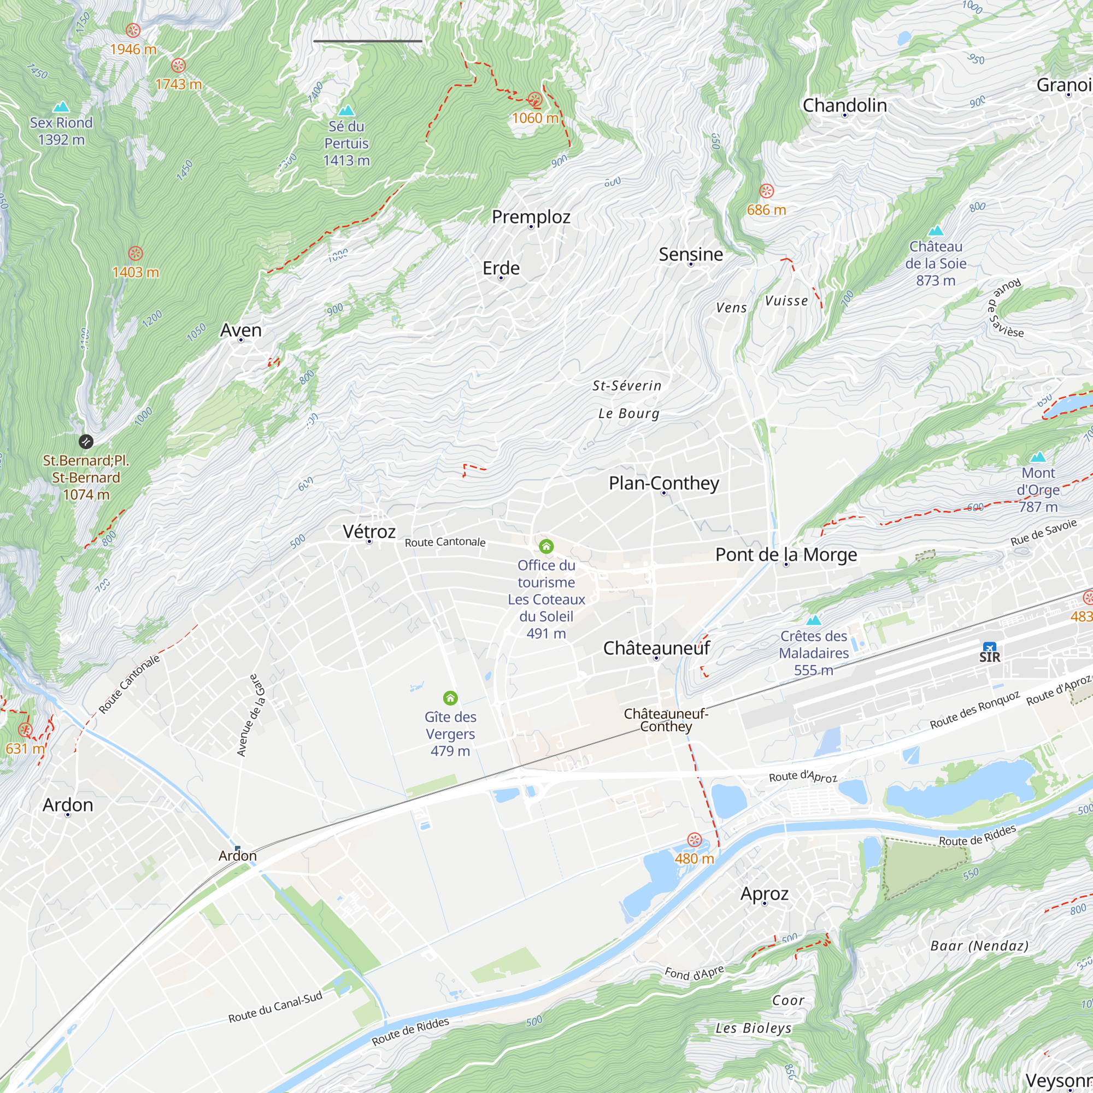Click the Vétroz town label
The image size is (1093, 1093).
(x=369, y=531)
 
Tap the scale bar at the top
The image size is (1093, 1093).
(x=368, y=42)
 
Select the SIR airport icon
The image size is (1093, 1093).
(x=989, y=648)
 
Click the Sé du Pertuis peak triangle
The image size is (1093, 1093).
(x=346, y=110)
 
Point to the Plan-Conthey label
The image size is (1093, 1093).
(x=663, y=483)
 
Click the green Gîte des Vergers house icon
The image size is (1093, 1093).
(x=450, y=697)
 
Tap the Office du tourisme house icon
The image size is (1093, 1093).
(x=546, y=546)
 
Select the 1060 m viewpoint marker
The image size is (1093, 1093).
(x=534, y=100)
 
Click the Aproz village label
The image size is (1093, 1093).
(x=765, y=894)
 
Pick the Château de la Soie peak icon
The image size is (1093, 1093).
(x=936, y=231)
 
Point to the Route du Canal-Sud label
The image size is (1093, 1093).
(x=275, y=1007)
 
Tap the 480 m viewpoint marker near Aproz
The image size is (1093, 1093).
(x=694, y=839)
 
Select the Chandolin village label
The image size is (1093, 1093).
(x=844, y=105)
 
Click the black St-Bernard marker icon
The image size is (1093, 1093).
(x=85, y=441)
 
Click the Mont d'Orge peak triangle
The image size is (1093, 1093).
(x=1038, y=457)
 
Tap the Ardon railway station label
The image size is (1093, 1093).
(x=238, y=855)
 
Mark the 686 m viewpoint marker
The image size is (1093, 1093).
(x=766, y=191)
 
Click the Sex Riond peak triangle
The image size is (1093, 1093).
(x=61, y=107)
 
